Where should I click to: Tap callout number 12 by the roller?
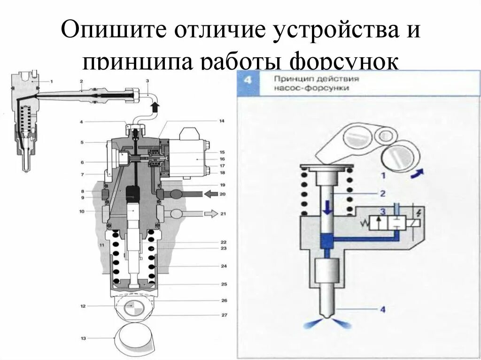[x=83, y=306]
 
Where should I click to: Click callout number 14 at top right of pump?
[x=222, y=121]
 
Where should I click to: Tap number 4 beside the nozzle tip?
[x=383, y=309]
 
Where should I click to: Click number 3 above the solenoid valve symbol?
[x=383, y=212]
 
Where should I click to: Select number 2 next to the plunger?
[x=383, y=193]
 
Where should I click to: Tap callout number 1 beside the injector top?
[x=51, y=81]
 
